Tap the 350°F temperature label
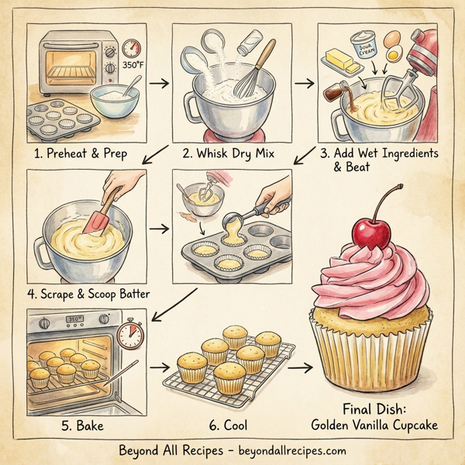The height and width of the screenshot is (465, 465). coord(135,66)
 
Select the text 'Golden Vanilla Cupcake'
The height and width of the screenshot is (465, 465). coord(375,424)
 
